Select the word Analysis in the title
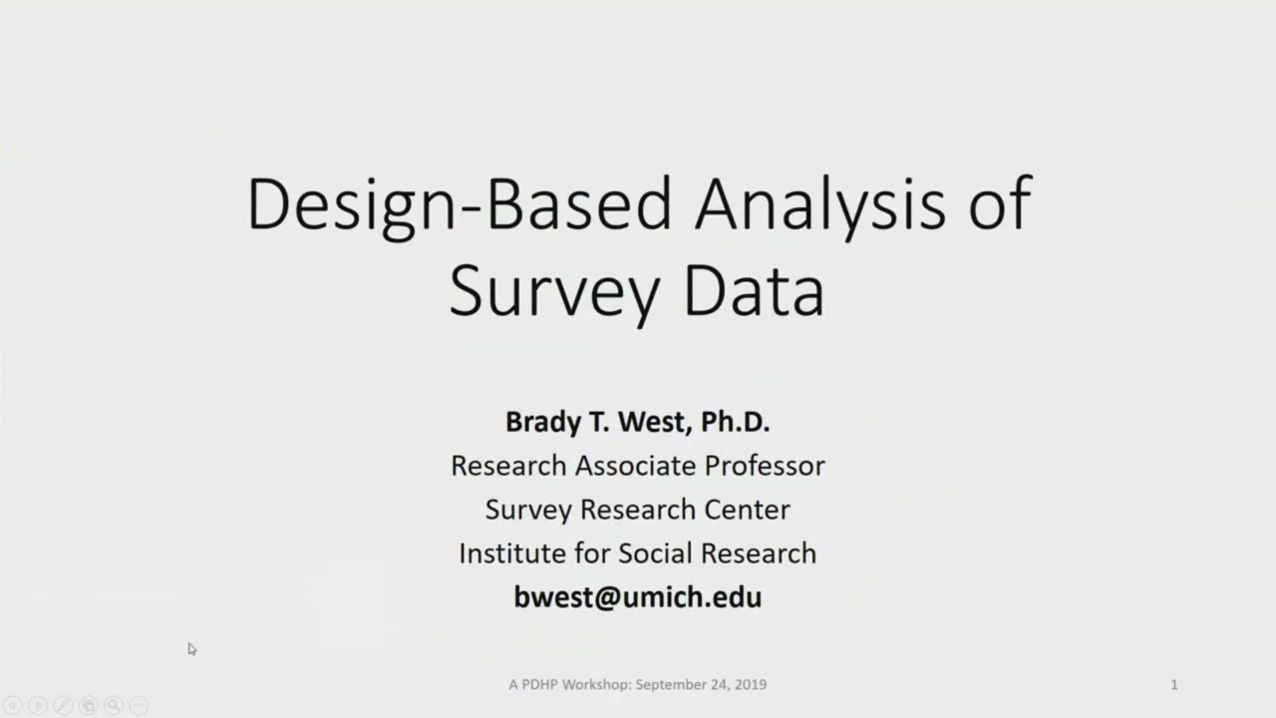pyautogui.click(x=819, y=205)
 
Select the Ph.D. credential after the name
pyautogui.click(x=735, y=422)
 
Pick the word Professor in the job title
pyautogui.click(x=765, y=466)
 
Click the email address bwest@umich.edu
pyautogui.click(x=638, y=597)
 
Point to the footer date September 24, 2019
pyautogui.click(x=701, y=684)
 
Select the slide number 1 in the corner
pyautogui.click(x=1173, y=684)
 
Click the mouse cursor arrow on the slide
pyautogui.click(x=191, y=649)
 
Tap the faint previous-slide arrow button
pyautogui.click(x=13, y=706)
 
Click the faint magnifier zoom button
pyautogui.click(x=114, y=706)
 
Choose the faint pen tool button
pyautogui.click(x=63, y=706)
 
